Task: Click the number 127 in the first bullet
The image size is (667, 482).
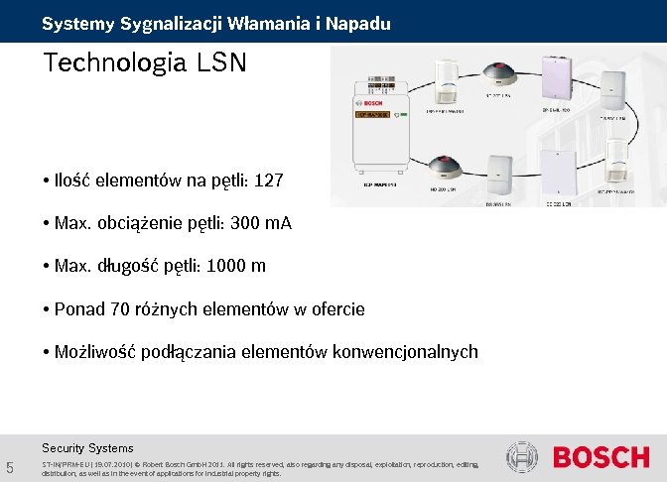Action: (x=269, y=181)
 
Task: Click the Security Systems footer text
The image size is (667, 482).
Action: (x=87, y=447)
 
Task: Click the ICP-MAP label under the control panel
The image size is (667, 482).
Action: (x=377, y=183)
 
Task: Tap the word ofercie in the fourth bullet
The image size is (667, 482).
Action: (x=338, y=308)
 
